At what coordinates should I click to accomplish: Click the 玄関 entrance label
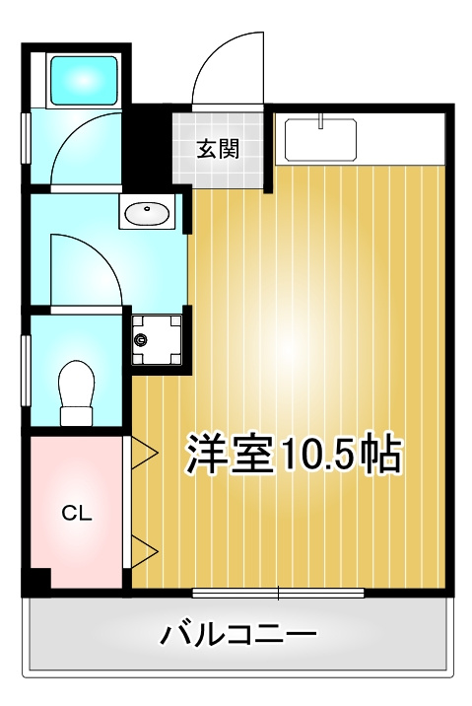point(218,150)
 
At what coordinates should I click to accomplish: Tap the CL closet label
point(76,513)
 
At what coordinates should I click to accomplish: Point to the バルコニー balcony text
point(237,633)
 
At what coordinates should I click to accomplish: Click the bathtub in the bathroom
point(84,78)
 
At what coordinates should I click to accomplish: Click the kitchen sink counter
point(320,139)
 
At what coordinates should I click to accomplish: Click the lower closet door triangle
point(144,551)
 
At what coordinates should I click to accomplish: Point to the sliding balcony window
point(278,593)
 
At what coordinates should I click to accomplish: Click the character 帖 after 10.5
point(378,455)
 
